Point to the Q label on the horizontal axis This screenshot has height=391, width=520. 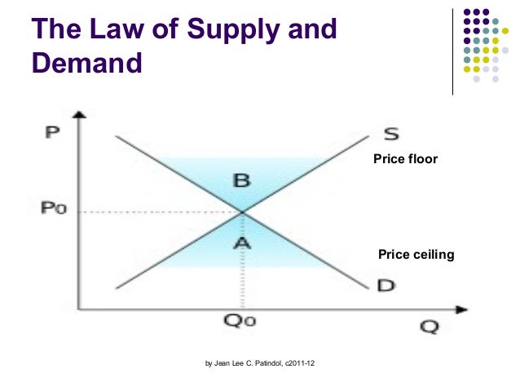click(x=430, y=327)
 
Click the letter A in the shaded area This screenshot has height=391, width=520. click(x=242, y=242)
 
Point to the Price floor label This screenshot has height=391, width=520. click(x=405, y=159)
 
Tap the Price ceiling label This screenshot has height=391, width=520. click(x=416, y=255)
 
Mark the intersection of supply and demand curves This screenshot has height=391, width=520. click(x=242, y=211)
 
